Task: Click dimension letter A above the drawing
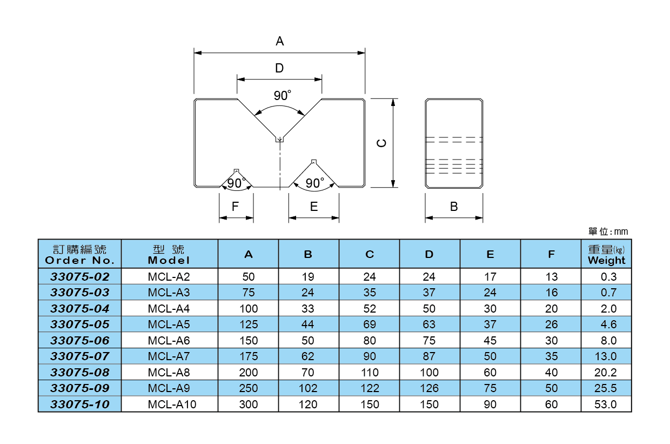pos(279,41)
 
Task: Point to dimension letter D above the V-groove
pos(279,68)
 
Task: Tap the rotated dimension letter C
pos(381,143)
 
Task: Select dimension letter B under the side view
pos(454,207)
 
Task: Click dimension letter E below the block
pos(314,207)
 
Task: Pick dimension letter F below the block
pos(235,207)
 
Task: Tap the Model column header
pos(169,254)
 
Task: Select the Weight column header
pos(606,254)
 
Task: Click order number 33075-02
pos(79,277)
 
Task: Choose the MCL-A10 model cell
pos(169,404)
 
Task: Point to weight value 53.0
pos(606,404)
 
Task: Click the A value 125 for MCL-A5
pos(249,324)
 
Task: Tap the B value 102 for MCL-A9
pos(309,388)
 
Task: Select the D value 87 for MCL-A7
pos(429,356)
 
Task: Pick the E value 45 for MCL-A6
pos(490,341)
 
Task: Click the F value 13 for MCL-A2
pos(551,277)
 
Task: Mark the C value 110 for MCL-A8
pos(370,373)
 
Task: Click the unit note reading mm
pos(608,231)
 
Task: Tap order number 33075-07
pos(79,356)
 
